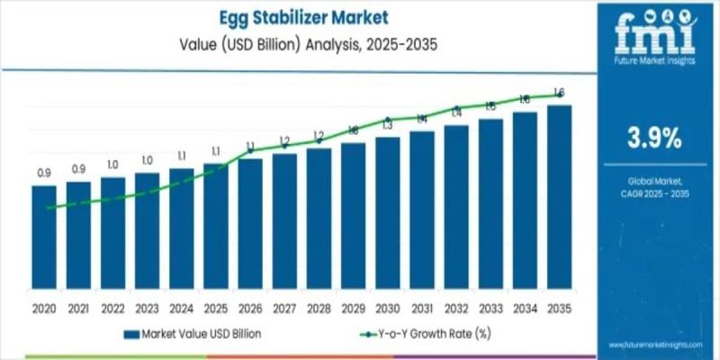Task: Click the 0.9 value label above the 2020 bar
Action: click(x=43, y=172)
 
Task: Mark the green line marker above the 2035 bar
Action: click(x=559, y=94)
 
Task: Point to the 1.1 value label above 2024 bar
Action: click(x=181, y=155)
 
